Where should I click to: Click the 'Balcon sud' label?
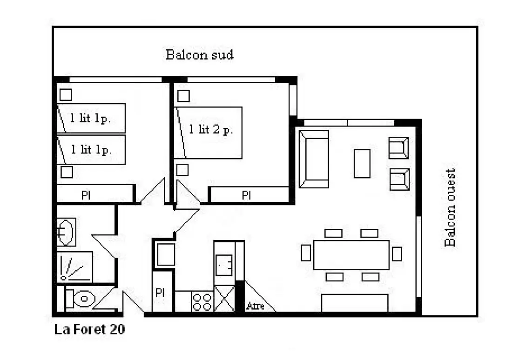(x=200, y=54)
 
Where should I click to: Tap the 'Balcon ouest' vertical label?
(x=450, y=207)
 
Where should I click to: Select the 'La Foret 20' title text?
(x=89, y=329)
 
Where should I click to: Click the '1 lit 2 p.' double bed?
(x=209, y=133)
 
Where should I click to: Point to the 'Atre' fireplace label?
(x=256, y=306)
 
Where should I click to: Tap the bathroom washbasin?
(x=66, y=232)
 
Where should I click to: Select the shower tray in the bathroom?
(x=75, y=267)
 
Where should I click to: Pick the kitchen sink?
(x=224, y=265)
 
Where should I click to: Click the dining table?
(x=351, y=255)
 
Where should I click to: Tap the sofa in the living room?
(x=314, y=159)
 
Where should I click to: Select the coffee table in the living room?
(x=362, y=164)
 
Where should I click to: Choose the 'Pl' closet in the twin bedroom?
(x=95, y=194)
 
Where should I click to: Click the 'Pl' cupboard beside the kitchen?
(x=162, y=292)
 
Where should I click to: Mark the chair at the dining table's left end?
(x=306, y=253)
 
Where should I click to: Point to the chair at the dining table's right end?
(x=397, y=254)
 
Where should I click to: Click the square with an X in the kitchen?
(x=224, y=299)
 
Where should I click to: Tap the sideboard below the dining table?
(x=355, y=303)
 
